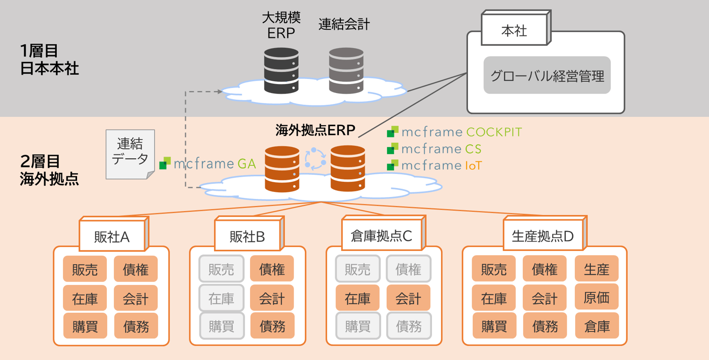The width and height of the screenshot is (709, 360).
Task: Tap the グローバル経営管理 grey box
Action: [547, 76]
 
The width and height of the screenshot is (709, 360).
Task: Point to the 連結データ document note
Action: [130, 153]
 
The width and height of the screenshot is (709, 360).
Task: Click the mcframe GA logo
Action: [208, 163]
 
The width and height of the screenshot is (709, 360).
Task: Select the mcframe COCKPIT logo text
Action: [455, 132]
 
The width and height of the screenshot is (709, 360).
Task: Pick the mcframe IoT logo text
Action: [435, 165]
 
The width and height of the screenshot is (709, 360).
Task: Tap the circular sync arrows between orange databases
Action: [315, 159]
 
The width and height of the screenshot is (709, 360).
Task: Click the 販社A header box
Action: [112, 237]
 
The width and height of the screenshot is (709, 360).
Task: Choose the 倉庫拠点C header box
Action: [381, 236]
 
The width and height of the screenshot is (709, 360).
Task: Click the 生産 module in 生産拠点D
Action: [597, 269]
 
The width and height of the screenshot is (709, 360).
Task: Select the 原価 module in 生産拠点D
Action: [597, 298]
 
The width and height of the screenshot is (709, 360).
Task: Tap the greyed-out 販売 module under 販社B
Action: [221, 269]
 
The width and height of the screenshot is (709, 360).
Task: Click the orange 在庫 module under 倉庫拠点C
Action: [357, 298]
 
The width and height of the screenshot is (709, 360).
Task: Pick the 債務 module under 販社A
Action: [136, 326]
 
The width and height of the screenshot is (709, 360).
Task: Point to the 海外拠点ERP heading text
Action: [315, 130]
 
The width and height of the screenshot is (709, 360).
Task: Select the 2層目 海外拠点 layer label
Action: [49, 171]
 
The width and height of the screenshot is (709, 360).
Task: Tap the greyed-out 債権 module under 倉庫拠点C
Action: [408, 269]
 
